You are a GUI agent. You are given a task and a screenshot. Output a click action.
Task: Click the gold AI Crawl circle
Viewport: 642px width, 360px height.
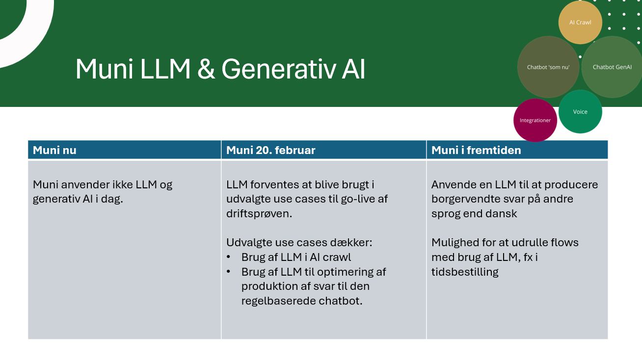[580, 23]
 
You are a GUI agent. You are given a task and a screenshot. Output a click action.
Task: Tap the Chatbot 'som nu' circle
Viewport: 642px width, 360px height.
[548, 67]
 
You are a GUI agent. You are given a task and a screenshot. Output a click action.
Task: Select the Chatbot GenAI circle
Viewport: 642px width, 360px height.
[612, 67]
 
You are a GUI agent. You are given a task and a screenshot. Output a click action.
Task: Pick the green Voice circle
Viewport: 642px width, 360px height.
[580, 112]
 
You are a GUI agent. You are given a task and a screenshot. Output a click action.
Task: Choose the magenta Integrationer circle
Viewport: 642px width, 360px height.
[535, 120]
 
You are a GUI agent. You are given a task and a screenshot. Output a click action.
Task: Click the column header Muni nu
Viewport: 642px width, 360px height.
[54, 150]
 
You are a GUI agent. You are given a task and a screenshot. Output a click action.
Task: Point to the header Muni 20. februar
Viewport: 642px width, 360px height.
[270, 150]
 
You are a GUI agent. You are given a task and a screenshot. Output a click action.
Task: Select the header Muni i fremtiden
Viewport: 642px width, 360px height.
[476, 150]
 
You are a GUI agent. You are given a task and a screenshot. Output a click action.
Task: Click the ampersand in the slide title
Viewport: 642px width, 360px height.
[206, 69]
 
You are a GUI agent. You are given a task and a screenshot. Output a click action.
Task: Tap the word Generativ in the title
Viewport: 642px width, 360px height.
[278, 69]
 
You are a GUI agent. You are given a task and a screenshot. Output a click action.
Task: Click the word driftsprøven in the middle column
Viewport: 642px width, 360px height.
[259, 214]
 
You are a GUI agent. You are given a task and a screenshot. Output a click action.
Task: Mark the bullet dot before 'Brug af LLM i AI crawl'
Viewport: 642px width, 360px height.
[228, 257]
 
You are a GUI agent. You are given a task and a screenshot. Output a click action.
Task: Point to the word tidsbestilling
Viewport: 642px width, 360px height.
[465, 272]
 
